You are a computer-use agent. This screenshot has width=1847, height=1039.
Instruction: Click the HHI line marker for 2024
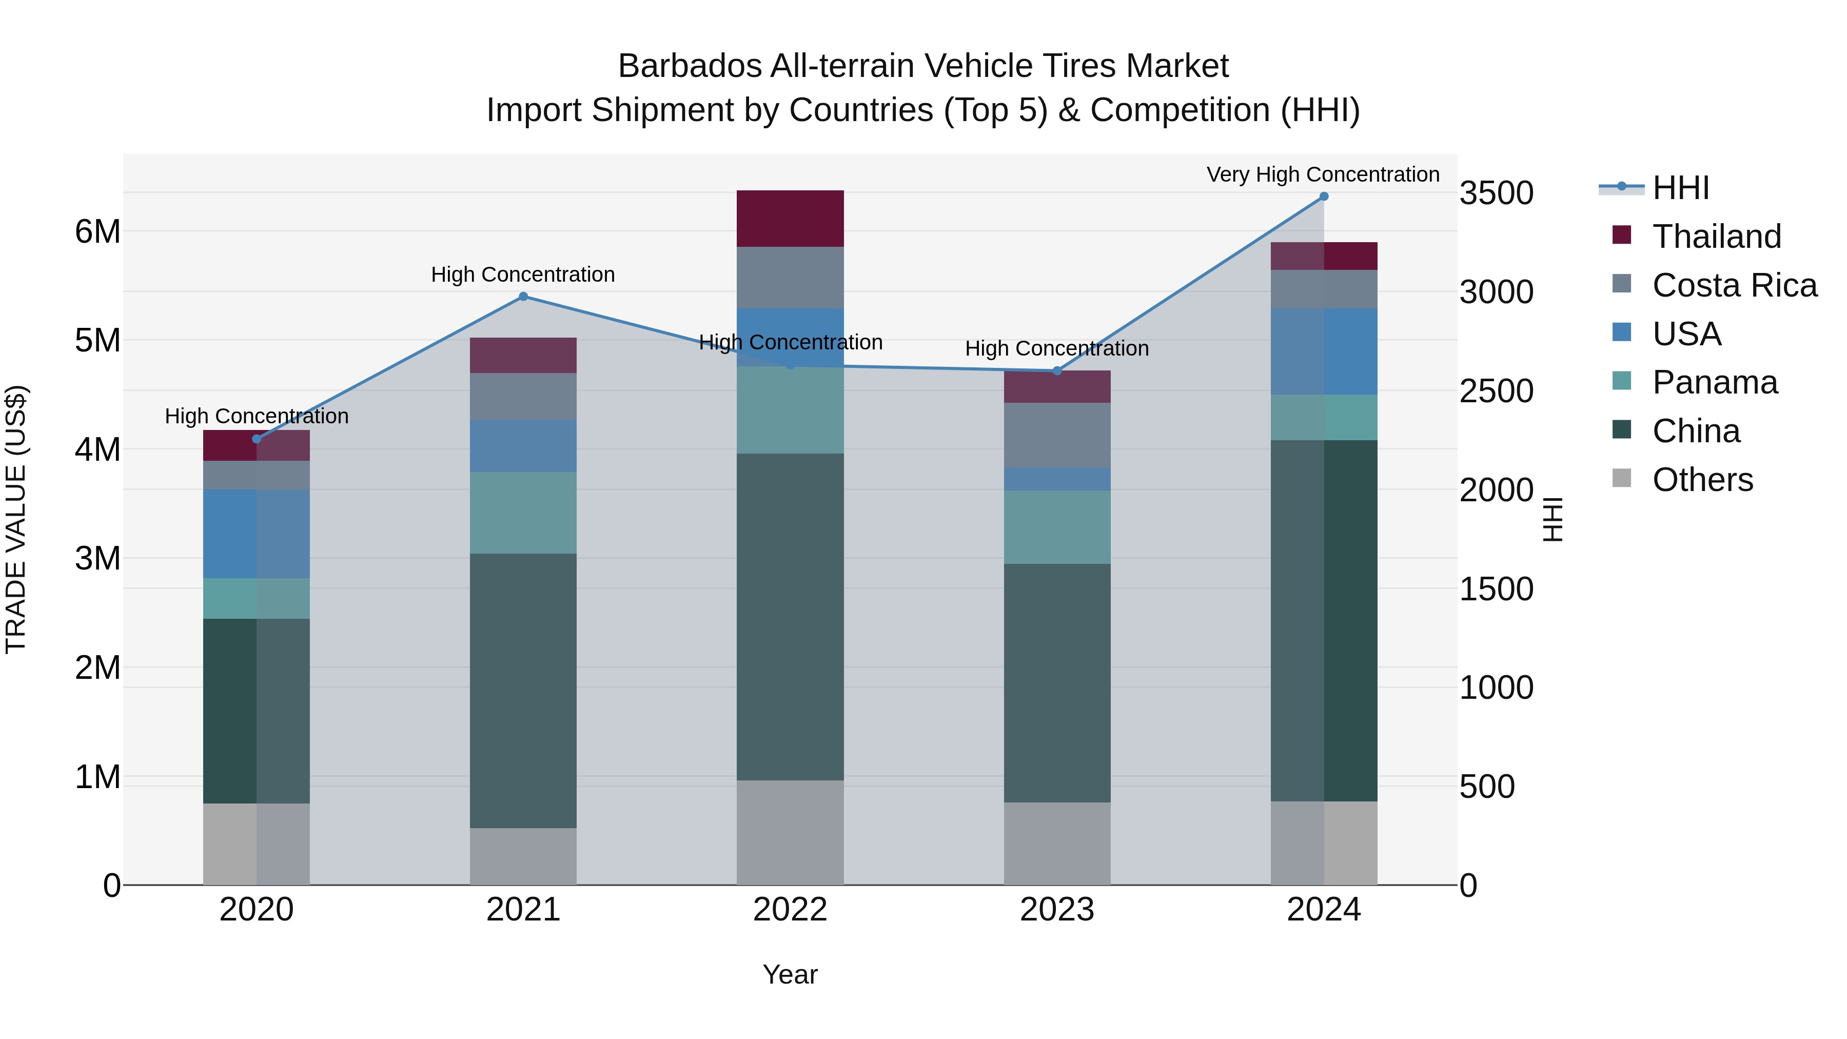coord(1324,197)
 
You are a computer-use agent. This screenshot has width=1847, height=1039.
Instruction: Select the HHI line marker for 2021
coord(523,296)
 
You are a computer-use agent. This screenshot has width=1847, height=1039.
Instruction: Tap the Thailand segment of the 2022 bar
coord(790,219)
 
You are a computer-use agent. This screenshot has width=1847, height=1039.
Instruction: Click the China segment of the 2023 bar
coord(1057,682)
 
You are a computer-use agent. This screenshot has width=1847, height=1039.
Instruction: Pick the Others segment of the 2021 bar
coord(523,856)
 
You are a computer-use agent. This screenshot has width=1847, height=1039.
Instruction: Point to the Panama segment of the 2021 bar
coord(523,513)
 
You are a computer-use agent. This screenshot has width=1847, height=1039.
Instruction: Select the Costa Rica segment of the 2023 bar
coord(1057,435)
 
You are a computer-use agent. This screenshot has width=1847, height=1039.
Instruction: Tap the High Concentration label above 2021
coord(523,275)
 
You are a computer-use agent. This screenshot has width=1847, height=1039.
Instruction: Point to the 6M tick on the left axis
coord(97,231)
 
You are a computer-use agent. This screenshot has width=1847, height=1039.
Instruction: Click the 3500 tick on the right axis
coord(1497,193)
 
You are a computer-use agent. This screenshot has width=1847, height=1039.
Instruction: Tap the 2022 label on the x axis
coord(790,910)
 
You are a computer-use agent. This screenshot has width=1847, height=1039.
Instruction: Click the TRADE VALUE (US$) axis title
coord(16,520)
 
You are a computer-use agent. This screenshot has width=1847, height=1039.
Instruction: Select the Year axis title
coord(790,974)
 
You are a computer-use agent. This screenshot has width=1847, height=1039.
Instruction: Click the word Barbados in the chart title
coord(689,66)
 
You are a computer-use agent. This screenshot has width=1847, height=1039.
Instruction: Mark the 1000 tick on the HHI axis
coord(1497,688)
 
